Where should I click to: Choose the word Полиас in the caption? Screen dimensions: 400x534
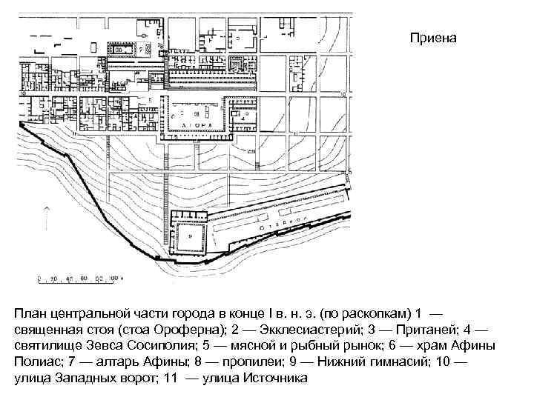(x=36, y=364)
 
